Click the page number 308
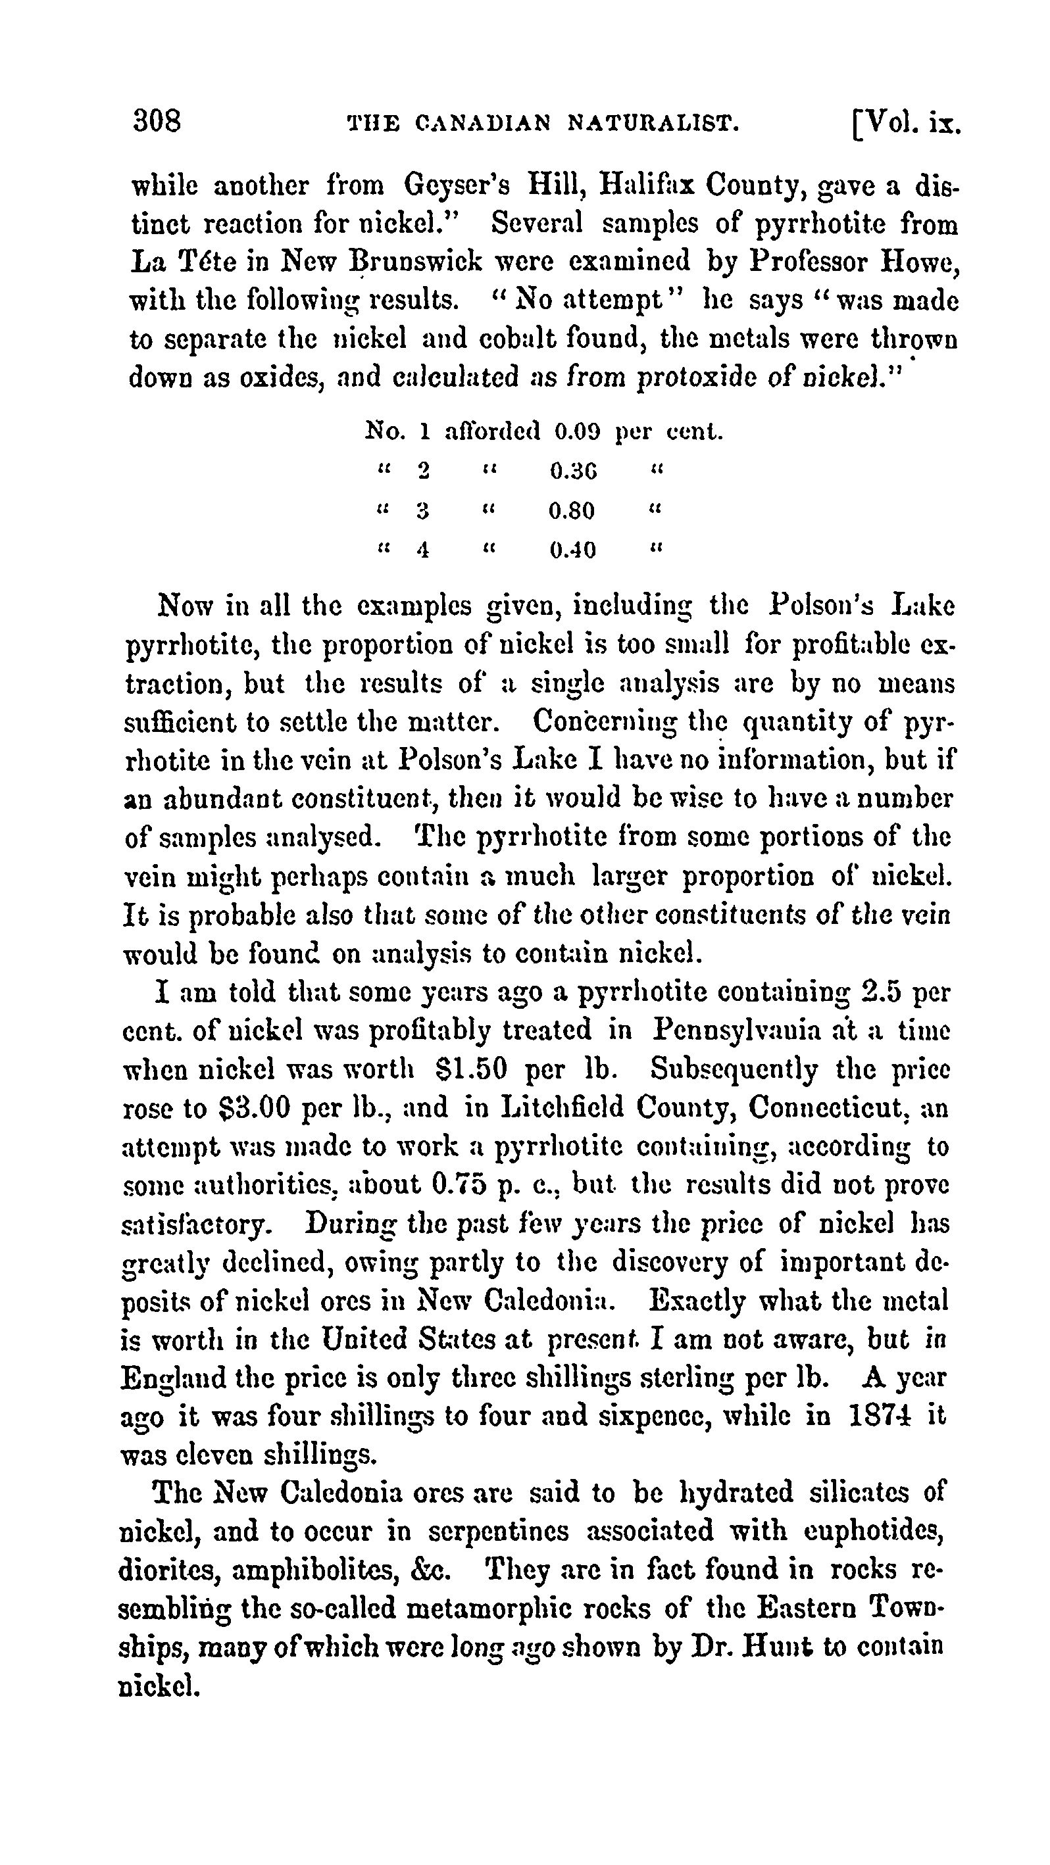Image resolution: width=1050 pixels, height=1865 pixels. click(157, 120)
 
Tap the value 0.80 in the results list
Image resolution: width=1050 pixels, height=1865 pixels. click(571, 511)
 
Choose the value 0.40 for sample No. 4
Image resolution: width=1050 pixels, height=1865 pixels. click(573, 550)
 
